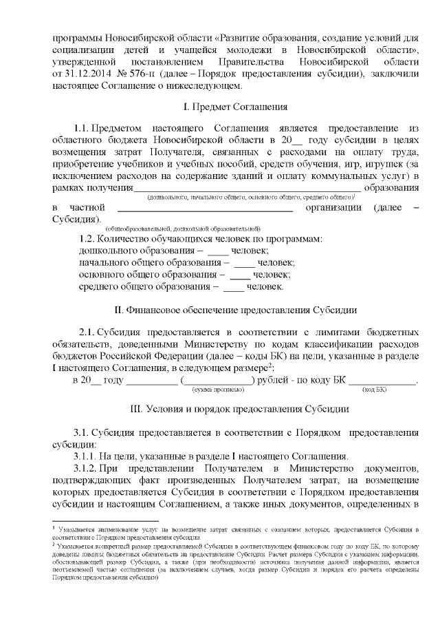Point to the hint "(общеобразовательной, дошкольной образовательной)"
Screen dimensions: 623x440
(182, 227)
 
